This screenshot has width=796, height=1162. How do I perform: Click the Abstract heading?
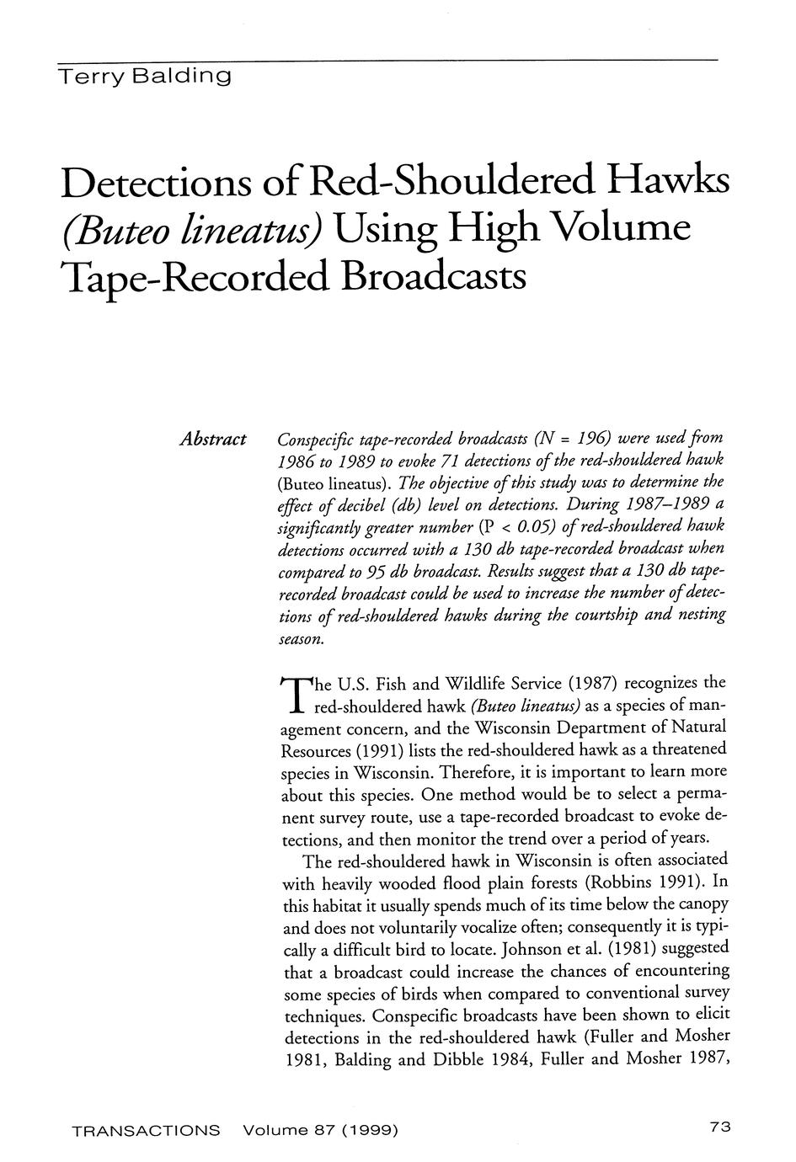point(212,440)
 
